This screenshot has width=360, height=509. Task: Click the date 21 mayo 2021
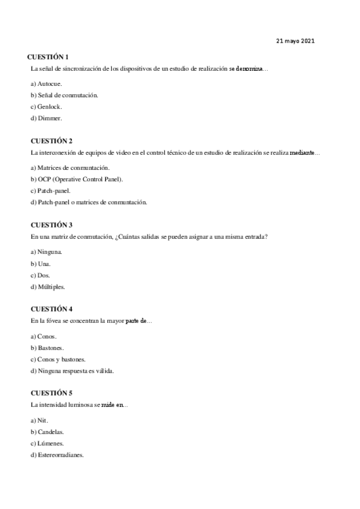click(295, 41)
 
